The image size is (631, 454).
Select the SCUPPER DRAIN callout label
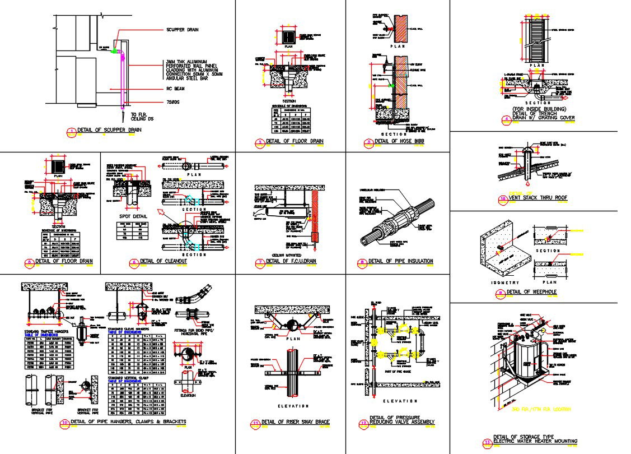pos(182,30)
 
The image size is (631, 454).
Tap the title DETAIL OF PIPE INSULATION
pos(400,261)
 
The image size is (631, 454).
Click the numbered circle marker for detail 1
pos(71,132)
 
